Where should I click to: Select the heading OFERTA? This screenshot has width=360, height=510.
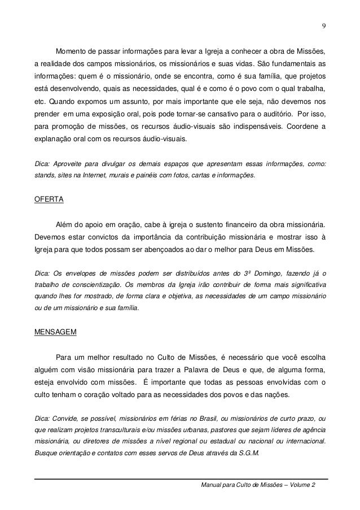(49, 199)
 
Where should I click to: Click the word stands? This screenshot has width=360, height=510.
(45, 175)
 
